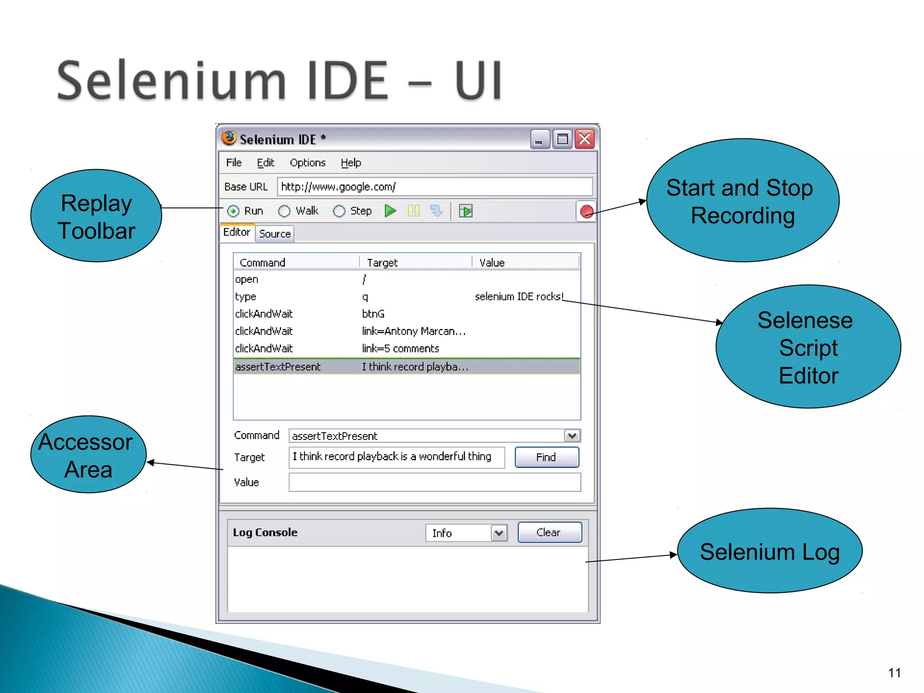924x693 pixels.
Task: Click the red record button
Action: coord(587,211)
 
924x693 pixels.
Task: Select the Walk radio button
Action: coord(284,211)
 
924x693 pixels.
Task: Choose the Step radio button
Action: coord(339,211)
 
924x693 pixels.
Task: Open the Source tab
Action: coord(275,234)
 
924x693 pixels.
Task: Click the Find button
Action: coord(546,457)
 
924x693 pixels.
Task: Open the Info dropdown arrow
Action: coord(499,533)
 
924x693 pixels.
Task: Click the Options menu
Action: coord(307,163)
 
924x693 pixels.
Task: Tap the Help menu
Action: coord(351,163)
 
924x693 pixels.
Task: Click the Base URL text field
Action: coord(434,187)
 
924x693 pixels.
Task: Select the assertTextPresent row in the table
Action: coord(406,367)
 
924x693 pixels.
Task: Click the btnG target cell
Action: coord(373,314)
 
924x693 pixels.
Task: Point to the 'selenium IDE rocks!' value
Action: coord(519,297)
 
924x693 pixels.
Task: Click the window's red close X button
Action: coord(585,139)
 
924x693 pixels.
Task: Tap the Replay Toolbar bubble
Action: coord(96,216)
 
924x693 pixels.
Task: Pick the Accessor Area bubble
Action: coord(88,455)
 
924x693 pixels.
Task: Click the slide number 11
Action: coord(894,673)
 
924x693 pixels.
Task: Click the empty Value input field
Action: coord(434,482)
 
